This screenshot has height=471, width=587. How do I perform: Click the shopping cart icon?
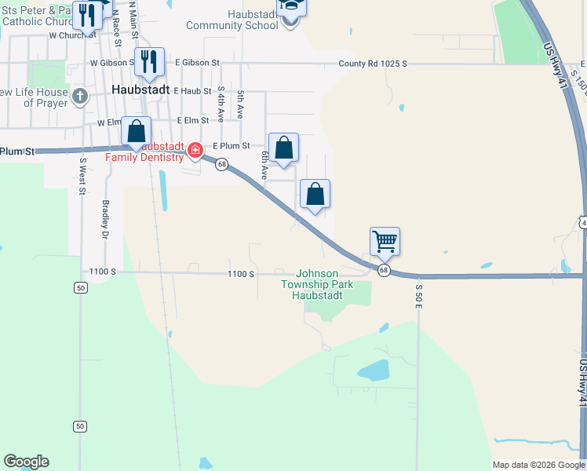385,241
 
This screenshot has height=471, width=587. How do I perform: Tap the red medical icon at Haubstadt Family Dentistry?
195,149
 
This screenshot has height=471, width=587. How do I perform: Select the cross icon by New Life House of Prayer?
79,97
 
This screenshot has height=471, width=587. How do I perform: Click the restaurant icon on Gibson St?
149,62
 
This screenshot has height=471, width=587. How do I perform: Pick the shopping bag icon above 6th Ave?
283,147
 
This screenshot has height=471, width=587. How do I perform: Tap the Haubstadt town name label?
141,89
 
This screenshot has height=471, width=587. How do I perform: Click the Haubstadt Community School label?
232,20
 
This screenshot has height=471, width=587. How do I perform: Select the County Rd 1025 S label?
374,64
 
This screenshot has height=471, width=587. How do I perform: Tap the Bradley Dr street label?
104,218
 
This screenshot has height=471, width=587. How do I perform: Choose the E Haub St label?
193,91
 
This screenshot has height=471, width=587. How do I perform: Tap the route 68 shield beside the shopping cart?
383,270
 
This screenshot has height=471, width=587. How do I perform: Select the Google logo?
26,462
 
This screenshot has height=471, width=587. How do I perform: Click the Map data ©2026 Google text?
538,465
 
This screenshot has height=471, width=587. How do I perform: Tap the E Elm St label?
193,121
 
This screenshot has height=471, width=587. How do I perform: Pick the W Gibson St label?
112,62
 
